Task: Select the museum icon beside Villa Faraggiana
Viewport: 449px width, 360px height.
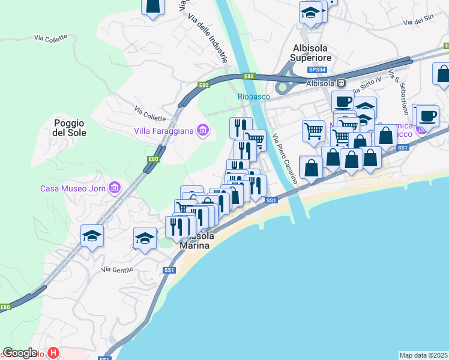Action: pos(203,130)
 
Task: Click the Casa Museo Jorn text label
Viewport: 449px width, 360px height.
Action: pos(73,188)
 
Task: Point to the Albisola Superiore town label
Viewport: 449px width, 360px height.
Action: pos(311,53)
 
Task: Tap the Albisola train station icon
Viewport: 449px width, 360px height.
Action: pos(341,83)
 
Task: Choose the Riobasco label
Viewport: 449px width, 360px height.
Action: pos(254,97)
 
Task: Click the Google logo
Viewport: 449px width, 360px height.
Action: pos(20,353)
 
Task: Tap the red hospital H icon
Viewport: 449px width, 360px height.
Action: pos(53,353)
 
